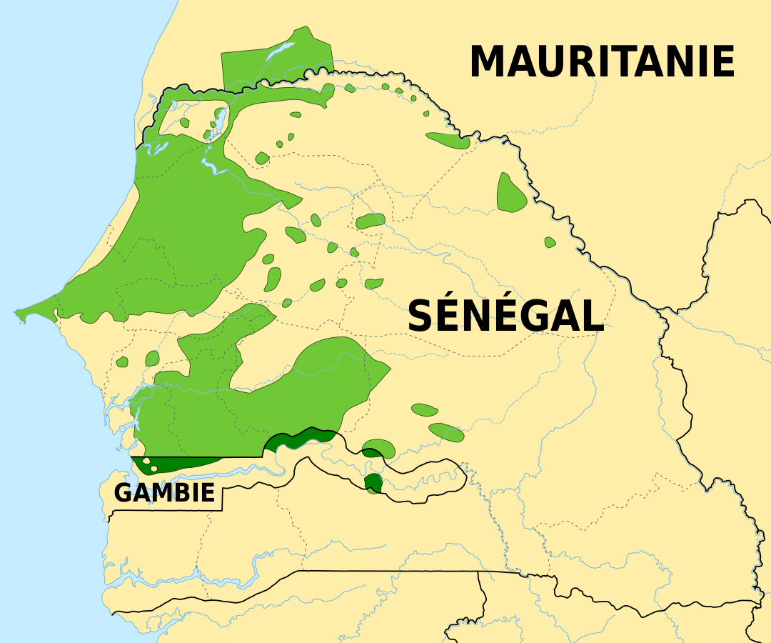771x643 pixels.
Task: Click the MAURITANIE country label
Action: (x=602, y=61)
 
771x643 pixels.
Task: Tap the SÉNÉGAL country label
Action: (x=505, y=316)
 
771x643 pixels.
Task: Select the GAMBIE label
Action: (x=164, y=493)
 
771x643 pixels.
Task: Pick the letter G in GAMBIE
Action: (x=123, y=493)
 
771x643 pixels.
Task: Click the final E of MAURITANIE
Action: (x=724, y=61)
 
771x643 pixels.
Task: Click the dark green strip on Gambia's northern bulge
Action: (x=300, y=437)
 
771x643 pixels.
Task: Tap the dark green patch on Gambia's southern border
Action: (x=372, y=484)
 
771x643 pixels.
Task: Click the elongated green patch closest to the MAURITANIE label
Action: (x=448, y=140)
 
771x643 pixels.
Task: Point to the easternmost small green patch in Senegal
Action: (x=550, y=243)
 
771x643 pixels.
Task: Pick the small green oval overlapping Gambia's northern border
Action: (x=378, y=449)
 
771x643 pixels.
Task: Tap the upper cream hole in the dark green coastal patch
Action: (x=146, y=462)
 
